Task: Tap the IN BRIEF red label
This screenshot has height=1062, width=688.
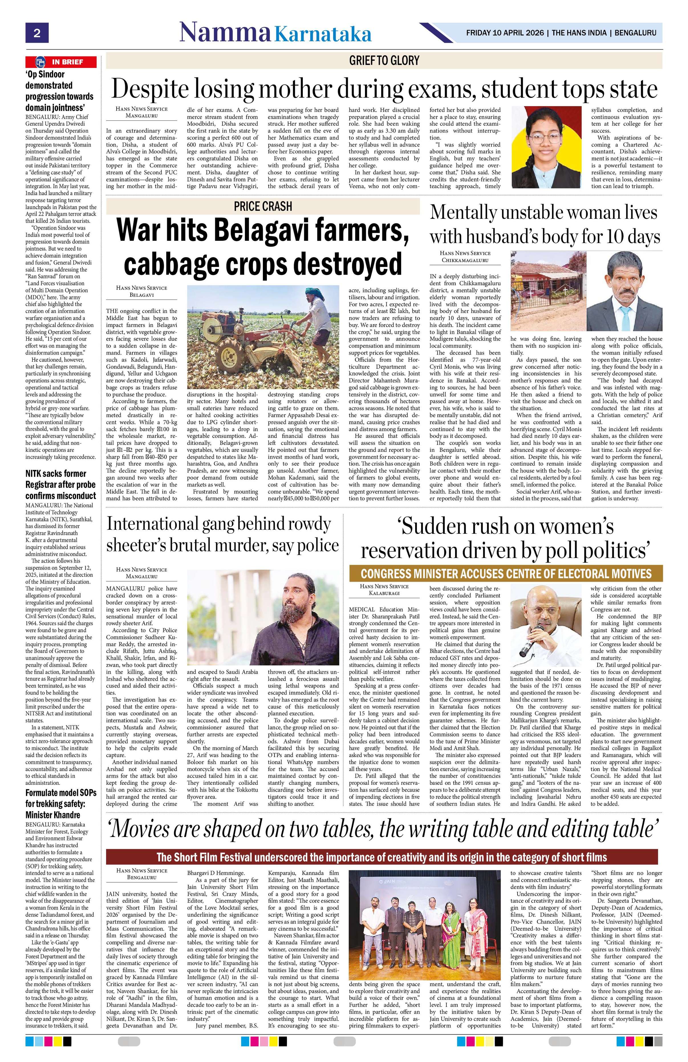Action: tap(61, 62)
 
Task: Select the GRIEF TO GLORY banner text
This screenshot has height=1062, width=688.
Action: tap(384, 60)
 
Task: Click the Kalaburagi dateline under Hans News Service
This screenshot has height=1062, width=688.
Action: tap(384, 593)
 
